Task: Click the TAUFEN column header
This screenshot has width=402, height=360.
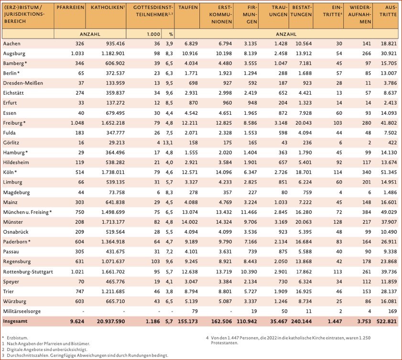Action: [x=188, y=9]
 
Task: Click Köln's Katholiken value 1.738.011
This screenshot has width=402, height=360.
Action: [x=112, y=173]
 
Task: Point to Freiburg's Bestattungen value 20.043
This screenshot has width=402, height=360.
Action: [x=303, y=123]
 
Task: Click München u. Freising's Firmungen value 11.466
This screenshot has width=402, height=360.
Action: [x=248, y=212]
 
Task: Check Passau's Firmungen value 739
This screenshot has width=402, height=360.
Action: [x=252, y=252]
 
